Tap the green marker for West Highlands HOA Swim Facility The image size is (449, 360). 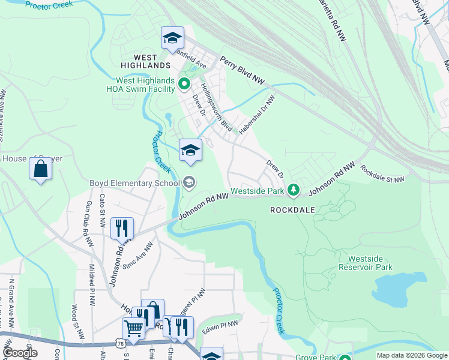pos(185,85)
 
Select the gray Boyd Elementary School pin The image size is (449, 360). pos(190,182)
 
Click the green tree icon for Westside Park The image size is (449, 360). pos(293,190)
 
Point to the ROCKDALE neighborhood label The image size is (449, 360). pos(292,210)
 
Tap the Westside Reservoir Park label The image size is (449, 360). pos(365,263)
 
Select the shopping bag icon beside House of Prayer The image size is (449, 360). pos(40,169)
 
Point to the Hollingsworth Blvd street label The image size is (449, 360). pos(216,107)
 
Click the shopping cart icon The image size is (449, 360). pos(133,328)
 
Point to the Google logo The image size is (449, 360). pos(20,353)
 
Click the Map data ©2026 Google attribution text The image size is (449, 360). pos(412,355)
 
